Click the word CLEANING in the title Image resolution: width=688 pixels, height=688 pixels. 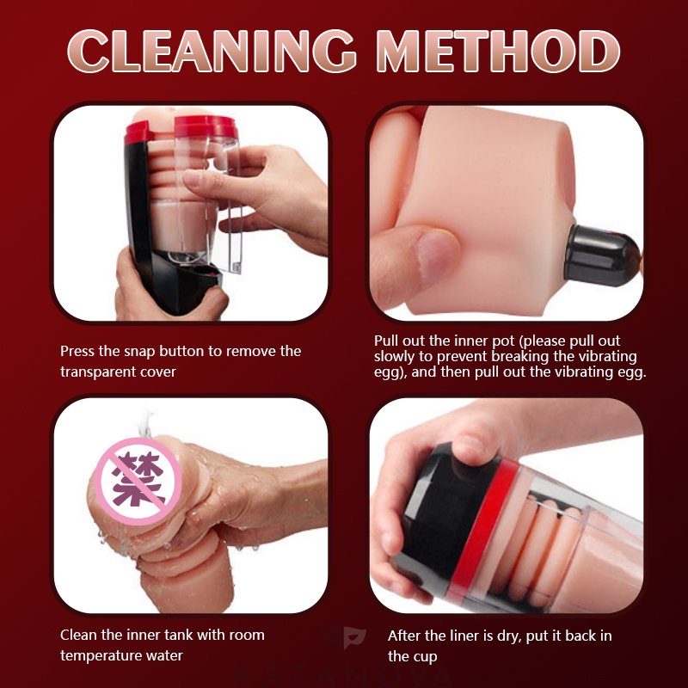coord(212,51)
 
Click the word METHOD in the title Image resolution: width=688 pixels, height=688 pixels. coord(499,51)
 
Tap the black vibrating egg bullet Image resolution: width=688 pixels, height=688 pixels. coord(602,255)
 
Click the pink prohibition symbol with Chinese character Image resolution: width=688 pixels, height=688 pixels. coord(138,482)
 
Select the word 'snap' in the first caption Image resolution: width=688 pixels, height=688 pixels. coord(139,352)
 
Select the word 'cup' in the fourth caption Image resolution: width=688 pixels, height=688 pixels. coord(425,657)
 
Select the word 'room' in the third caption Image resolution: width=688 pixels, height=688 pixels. coord(249,635)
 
